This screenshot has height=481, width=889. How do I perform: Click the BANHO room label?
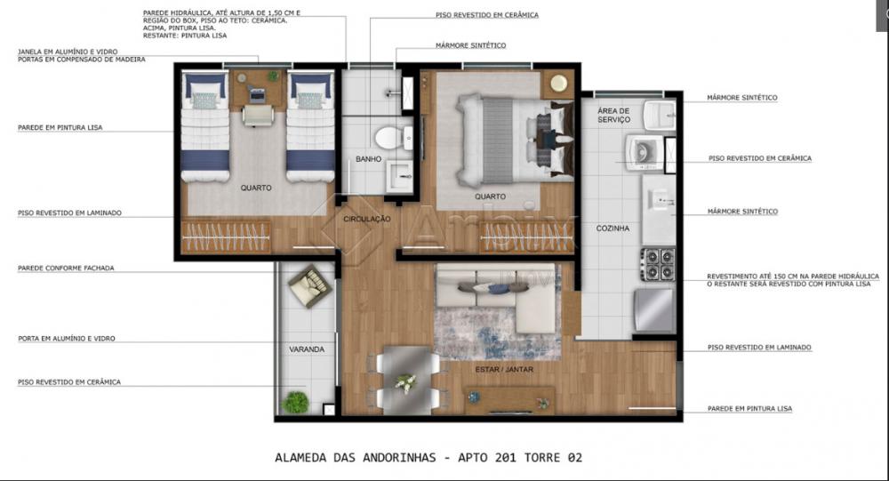click(369, 159)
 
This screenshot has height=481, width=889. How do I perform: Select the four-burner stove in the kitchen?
click(658, 264)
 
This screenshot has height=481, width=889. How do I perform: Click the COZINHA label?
click(613, 228)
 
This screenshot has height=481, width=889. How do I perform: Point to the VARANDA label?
click(307, 349)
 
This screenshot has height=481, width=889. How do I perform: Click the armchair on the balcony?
click(309, 286)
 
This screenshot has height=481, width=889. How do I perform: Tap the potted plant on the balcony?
click(295, 402)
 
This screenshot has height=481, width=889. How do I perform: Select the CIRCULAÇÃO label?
click(367, 219)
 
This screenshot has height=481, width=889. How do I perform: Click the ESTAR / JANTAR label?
click(504, 369)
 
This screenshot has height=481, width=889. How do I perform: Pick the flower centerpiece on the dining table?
click(405, 383)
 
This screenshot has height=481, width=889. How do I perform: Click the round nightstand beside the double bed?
click(558, 84)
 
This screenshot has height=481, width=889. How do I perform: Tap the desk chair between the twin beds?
click(259, 116)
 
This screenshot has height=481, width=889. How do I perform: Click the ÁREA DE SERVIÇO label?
click(613, 116)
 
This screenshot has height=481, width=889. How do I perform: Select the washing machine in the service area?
click(645, 153)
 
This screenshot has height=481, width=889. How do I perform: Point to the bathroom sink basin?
click(401, 176)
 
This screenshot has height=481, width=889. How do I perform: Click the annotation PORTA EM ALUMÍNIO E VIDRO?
click(67, 339)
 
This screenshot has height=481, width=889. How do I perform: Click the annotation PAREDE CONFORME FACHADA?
click(66, 269)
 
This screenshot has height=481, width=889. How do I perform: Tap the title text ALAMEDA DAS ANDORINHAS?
click(356, 458)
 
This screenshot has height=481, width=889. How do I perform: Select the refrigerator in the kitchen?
click(655, 310)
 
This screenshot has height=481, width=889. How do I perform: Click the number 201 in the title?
click(505, 458)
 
